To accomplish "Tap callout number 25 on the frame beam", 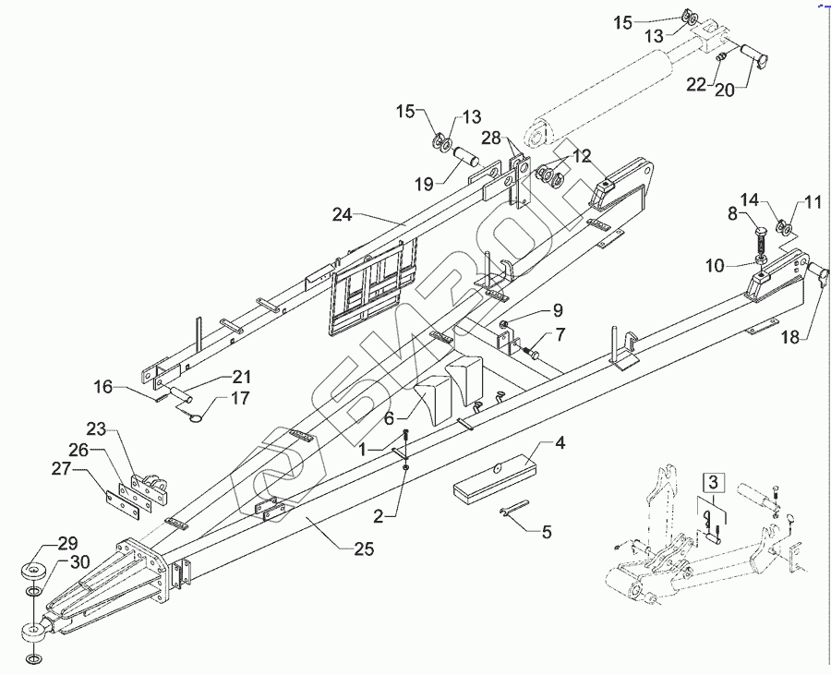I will click(x=363, y=549).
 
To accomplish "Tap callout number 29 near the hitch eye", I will click(x=42, y=543).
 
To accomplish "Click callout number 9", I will click(x=557, y=308).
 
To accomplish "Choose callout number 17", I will click(x=240, y=399).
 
